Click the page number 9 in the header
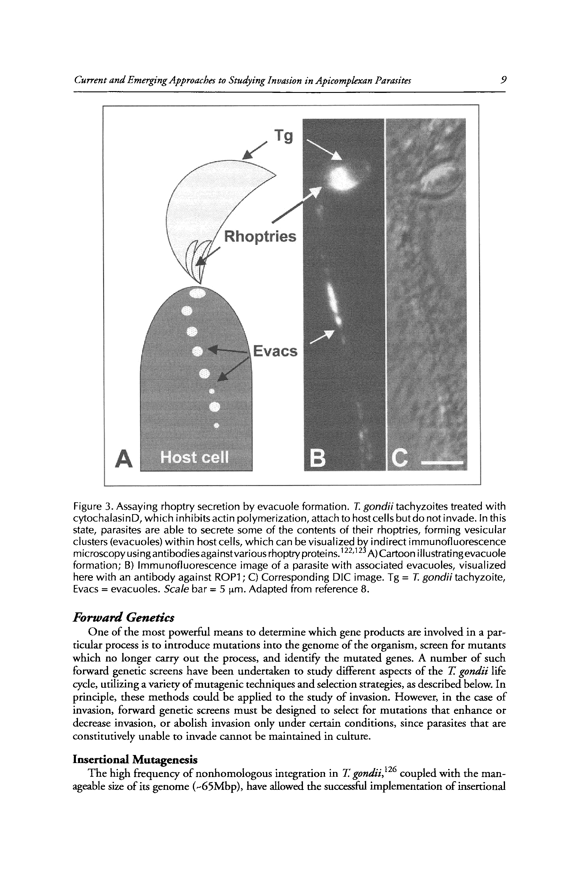(x=503, y=80)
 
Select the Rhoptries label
(x=260, y=236)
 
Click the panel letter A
(x=123, y=459)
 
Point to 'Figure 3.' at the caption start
(x=93, y=506)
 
